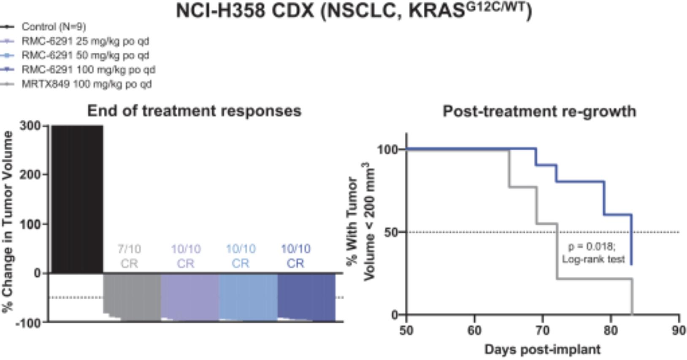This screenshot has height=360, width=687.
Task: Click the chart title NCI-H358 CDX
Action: pos(354,11)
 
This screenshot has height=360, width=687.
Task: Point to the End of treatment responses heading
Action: pos(194,111)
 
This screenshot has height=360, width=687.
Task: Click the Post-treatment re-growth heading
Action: pos(539,111)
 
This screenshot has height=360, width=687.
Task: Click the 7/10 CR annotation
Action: pos(129,256)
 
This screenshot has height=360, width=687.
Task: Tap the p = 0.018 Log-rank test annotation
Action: pos(593,253)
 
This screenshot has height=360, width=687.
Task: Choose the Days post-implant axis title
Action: pos(542,349)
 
